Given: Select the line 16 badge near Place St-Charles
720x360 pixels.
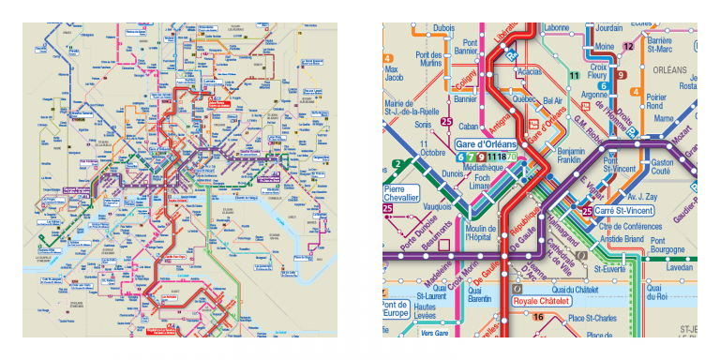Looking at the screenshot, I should click(537, 317).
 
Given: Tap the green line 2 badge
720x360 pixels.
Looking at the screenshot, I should click(397, 165).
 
